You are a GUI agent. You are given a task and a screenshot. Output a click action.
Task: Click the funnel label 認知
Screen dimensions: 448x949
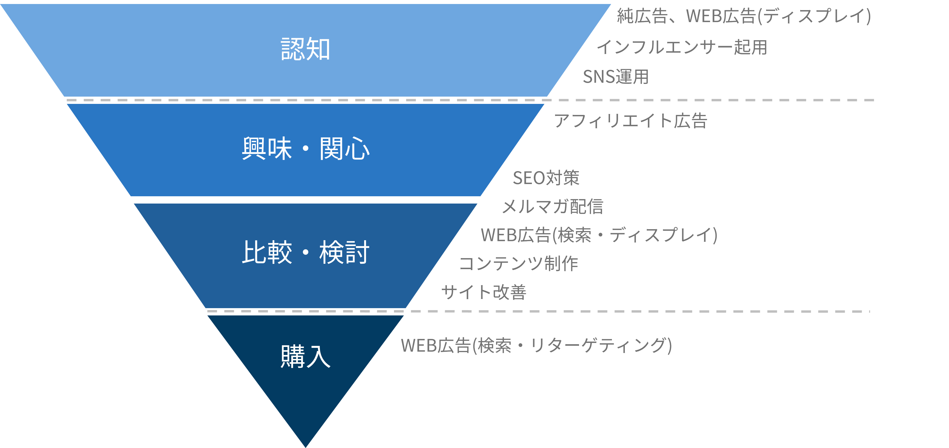[305, 49]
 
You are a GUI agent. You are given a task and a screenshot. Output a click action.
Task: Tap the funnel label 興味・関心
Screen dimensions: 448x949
[305, 149]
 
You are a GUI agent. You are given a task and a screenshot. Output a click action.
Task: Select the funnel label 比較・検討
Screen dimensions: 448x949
[305, 252]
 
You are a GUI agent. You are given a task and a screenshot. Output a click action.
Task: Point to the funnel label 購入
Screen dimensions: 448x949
[305, 356]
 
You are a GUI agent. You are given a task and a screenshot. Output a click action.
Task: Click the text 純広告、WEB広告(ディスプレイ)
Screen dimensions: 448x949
[744, 16]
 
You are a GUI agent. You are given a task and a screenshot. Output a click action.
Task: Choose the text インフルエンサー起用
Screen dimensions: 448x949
[681, 47]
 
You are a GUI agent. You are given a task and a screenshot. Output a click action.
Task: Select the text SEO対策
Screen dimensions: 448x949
[546, 178]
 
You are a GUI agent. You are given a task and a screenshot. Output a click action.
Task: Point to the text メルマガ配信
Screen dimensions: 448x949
[553, 206]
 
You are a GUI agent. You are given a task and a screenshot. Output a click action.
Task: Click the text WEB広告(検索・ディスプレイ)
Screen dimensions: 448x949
[599, 235]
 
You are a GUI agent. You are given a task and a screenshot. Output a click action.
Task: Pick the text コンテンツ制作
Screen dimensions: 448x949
[519, 263]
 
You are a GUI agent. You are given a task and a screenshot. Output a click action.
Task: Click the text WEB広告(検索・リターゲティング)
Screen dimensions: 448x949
[536, 346]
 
